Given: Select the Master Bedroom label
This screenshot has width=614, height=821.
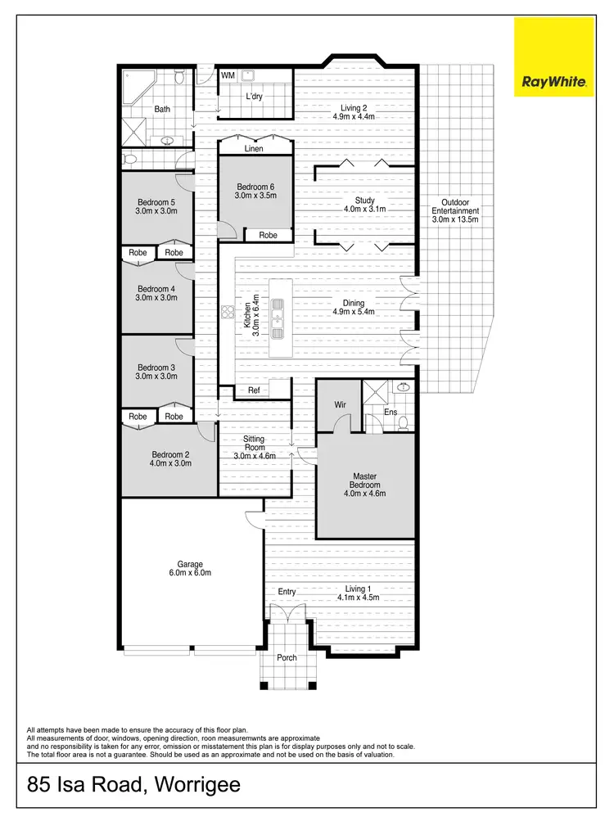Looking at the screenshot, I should [364, 481].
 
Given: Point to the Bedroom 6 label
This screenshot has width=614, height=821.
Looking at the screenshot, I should [255, 186].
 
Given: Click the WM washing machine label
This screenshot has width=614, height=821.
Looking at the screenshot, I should [228, 75].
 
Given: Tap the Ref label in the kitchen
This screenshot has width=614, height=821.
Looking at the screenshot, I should [254, 390].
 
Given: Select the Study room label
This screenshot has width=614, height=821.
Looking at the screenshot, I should [364, 201].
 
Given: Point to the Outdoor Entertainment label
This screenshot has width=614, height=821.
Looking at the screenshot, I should [455, 206].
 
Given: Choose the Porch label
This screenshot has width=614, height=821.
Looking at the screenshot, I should [287, 657].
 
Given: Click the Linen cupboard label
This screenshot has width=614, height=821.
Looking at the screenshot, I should [254, 149].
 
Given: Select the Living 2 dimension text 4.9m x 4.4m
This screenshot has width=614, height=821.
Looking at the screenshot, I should [354, 117].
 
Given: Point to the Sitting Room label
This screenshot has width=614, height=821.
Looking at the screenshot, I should [254, 444].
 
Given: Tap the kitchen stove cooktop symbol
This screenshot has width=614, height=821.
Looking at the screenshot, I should [227, 310].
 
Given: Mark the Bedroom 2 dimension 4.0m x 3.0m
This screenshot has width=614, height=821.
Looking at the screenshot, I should [170, 463].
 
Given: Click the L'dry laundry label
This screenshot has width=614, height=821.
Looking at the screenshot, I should [255, 97].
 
